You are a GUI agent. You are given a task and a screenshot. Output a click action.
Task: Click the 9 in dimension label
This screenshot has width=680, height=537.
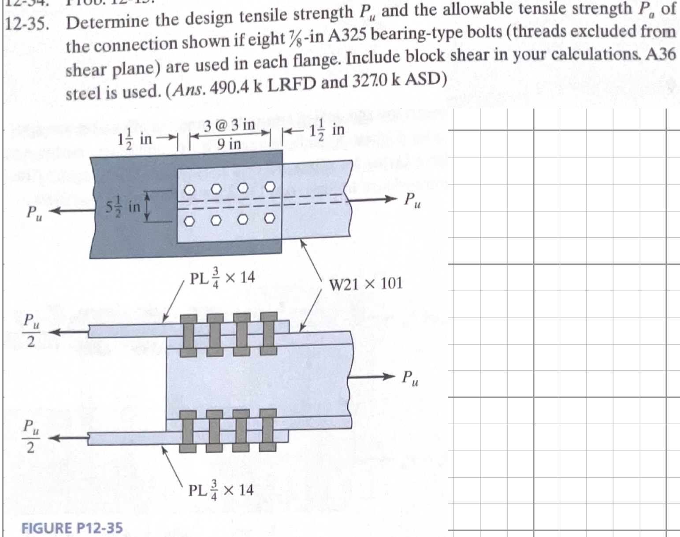(229, 144)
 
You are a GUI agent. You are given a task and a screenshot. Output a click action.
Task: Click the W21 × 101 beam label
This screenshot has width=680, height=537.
(366, 283)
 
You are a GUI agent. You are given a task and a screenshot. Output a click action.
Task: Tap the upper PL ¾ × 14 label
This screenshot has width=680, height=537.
(222, 278)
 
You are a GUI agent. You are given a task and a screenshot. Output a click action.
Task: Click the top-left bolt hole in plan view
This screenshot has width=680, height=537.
(189, 189)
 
